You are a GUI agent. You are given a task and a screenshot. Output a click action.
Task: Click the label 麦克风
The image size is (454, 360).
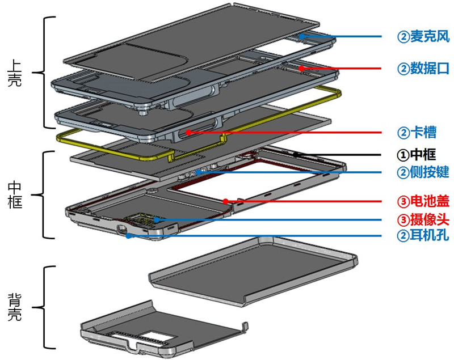(x=429, y=37)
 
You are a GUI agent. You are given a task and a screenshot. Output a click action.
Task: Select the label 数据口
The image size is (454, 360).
(x=429, y=69)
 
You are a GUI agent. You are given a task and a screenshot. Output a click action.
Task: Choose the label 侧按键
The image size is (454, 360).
(x=429, y=172)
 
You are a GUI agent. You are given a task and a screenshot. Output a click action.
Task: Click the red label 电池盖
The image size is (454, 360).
(x=429, y=201)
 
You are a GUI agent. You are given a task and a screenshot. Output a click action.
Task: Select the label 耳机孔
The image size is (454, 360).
(x=429, y=235)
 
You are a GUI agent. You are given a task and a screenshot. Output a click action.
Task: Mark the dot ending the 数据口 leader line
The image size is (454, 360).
(x=302, y=68)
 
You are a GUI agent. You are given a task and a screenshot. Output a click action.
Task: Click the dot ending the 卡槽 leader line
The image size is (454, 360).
(x=188, y=133)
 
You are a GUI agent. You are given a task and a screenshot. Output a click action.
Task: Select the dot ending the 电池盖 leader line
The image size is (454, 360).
(x=226, y=200)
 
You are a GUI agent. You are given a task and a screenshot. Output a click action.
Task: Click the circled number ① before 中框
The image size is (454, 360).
(x=402, y=154)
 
